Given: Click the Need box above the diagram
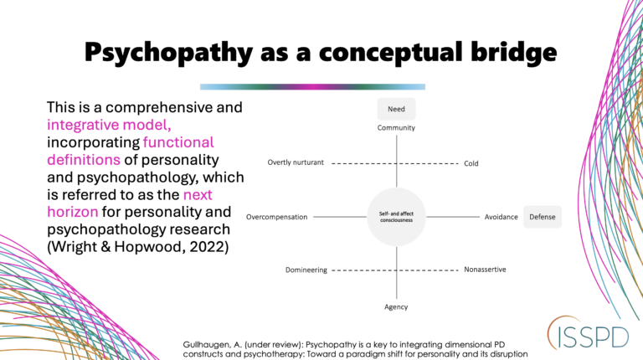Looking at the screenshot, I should [396, 109].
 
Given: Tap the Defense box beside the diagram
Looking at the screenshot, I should [542, 217].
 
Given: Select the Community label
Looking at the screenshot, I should [396, 127].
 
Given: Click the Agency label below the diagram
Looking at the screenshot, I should [396, 306].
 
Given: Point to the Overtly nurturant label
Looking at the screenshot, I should [295, 163].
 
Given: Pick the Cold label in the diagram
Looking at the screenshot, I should [471, 163].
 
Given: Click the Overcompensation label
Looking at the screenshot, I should [276, 217].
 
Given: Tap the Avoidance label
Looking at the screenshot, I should [501, 217].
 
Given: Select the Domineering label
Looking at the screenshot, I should [305, 270].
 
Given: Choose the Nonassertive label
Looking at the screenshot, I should [486, 270].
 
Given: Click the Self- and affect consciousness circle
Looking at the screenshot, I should [396, 217].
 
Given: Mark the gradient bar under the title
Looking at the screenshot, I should [312, 86].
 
